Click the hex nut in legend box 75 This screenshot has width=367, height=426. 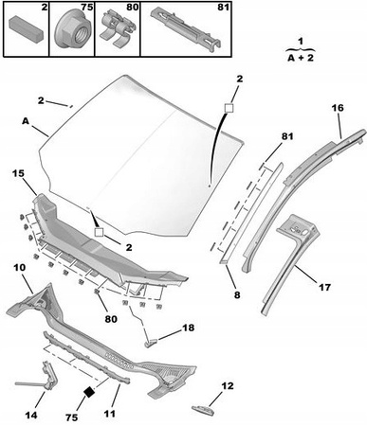tap(71, 31)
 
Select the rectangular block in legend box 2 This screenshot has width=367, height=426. tap(26, 28)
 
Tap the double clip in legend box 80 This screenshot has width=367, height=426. tap(117, 28)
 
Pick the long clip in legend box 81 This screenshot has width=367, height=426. tap(186, 28)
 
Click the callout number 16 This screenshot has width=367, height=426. tap(338, 108)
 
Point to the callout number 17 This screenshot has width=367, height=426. tap(324, 287)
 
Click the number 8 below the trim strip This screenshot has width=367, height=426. tap(237, 294)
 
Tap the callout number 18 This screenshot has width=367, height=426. tap(188, 328)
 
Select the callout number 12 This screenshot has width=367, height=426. tap(228, 385)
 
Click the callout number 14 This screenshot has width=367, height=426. tap(30, 415)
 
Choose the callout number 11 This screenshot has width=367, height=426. tap(109, 413)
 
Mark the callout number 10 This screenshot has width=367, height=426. tap(20, 268)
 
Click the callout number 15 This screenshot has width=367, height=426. tap(19, 173)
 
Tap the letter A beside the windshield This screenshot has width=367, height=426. tap(26, 121)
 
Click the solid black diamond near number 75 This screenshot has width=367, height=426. tap(89, 392)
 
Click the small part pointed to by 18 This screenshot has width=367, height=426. tap(151, 343)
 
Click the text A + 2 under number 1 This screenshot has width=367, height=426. tap(301, 58)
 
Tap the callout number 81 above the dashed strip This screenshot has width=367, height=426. tap(287, 136)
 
